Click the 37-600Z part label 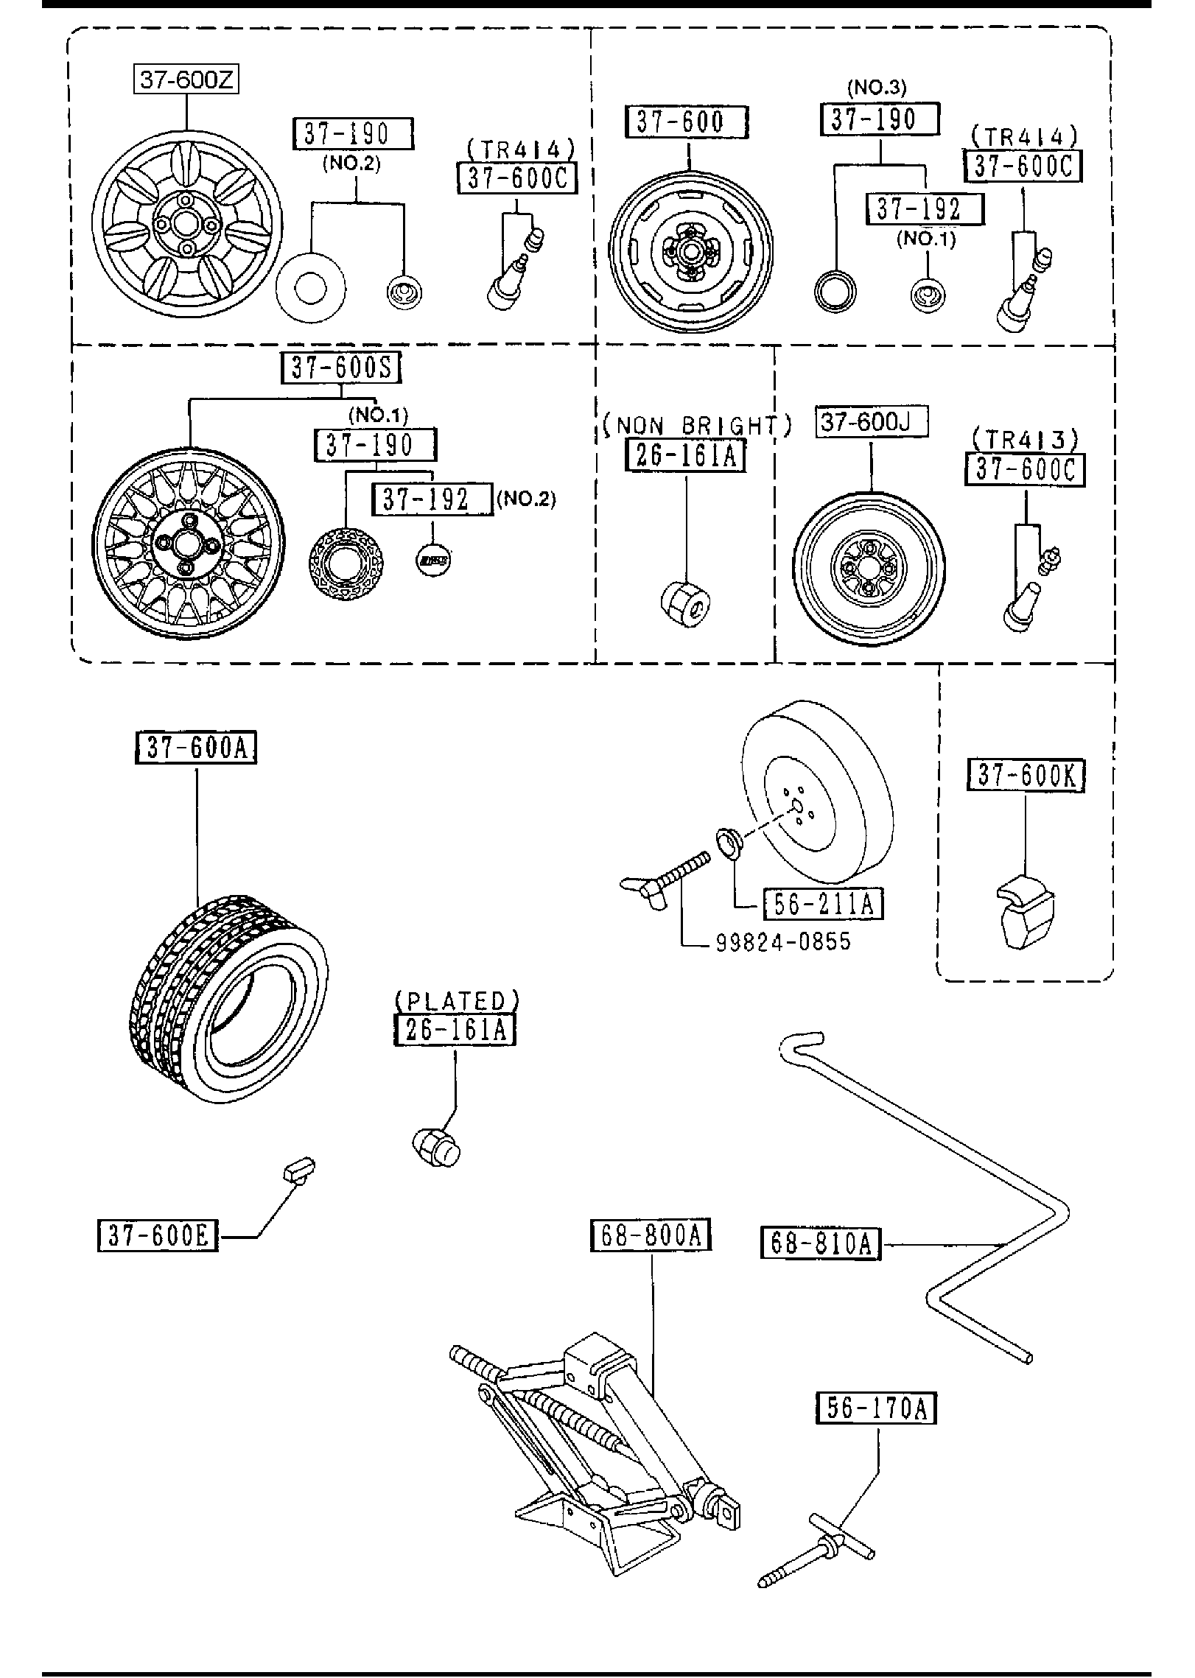186,79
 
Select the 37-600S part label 340,368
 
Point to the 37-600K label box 1026,776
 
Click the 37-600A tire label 196,748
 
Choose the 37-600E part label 158,1236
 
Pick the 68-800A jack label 651,1235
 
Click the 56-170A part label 875,1408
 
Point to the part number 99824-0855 783,941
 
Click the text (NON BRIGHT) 696,426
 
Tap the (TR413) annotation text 1025,440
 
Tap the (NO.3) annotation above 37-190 877,88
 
